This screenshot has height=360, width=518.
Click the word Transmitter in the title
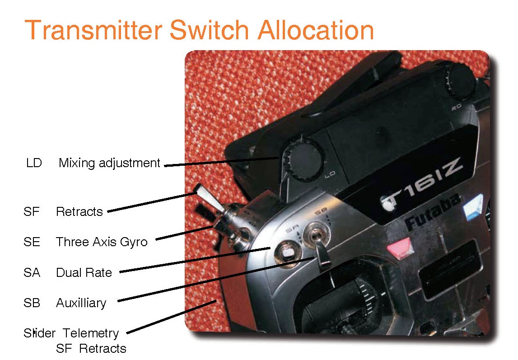(93, 30)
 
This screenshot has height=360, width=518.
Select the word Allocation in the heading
(316, 30)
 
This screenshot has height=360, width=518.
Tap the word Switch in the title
(209, 30)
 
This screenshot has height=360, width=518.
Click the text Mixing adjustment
(109, 163)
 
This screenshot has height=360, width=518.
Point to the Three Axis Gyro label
(102, 242)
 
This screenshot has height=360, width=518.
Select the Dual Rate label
(84, 273)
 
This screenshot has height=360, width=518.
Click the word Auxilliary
(81, 303)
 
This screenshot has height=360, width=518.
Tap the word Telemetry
(91, 334)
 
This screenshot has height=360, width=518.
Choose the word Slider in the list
(39, 333)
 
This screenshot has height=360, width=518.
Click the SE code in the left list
(32, 242)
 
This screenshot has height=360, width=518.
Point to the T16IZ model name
(423, 185)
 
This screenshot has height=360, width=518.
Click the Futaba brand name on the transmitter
(434, 212)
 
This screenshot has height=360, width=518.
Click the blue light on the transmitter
(473, 207)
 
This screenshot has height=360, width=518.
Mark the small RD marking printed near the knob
(457, 107)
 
